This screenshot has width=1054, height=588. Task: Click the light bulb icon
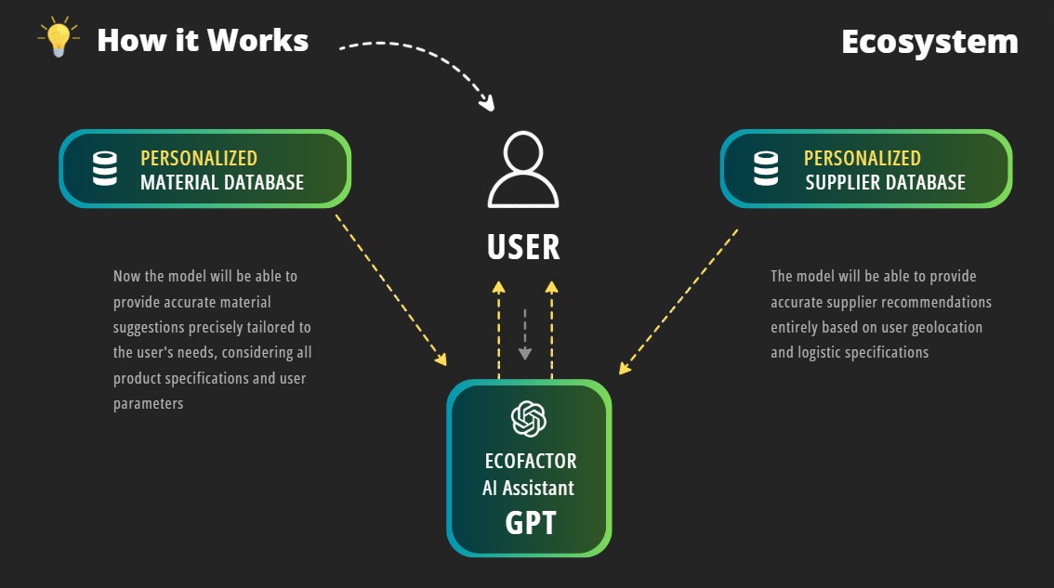pos(58,38)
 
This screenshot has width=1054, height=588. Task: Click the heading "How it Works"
pos(203,41)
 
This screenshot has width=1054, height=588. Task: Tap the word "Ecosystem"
pos(929,42)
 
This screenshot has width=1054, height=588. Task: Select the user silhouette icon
pos(523,171)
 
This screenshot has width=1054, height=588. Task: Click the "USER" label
pos(523,247)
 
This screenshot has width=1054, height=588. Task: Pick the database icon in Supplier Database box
pos(766,168)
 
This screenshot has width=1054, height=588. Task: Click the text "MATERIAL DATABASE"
pos(222,182)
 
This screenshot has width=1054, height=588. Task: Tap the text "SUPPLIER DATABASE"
pos(885,182)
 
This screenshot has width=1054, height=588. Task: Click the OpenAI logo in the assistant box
pos(529,418)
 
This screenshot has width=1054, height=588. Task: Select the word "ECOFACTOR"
pos(531,461)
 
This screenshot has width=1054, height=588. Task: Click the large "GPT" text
pos(530,523)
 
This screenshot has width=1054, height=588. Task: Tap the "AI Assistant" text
pos(528,488)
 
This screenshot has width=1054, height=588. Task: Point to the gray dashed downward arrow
pos(524,334)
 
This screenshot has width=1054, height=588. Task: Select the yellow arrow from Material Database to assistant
pos(389,289)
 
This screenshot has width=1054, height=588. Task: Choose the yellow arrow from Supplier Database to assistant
pos(679,302)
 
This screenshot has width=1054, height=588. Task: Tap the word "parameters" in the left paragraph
pos(149,404)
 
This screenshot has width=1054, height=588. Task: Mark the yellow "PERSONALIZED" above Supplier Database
pos(862,158)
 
